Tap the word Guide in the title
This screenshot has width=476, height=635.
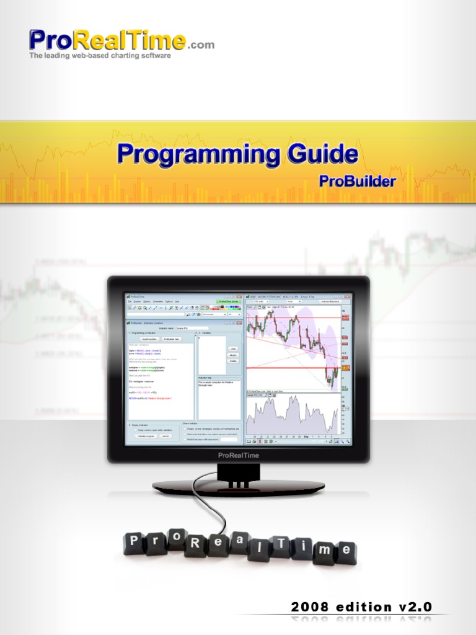[323, 154]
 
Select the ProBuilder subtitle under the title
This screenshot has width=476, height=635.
[357, 182]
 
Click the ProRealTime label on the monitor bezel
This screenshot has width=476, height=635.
[239, 456]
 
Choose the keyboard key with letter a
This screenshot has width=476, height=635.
[239, 540]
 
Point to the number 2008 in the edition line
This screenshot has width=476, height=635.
[311, 607]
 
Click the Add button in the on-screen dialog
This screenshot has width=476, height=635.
[233, 349]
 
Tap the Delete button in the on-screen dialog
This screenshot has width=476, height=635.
[233, 360]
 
